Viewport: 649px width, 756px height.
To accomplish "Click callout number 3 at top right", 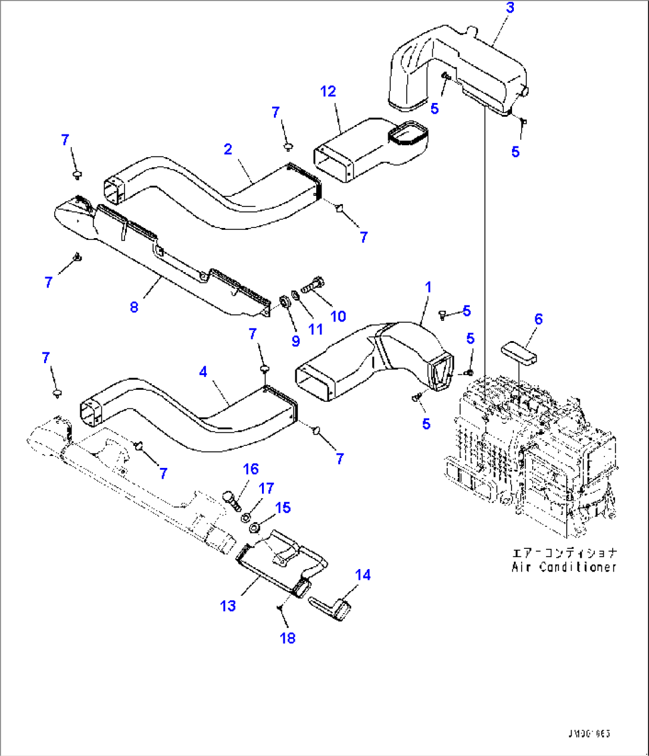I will click(x=510, y=8).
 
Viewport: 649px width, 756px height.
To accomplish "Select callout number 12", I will click(x=328, y=91).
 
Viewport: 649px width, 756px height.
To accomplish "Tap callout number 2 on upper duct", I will click(x=228, y=149).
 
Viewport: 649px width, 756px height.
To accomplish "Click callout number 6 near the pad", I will click(x=538, y=319).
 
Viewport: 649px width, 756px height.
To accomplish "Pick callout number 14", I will click(x=363, y=574).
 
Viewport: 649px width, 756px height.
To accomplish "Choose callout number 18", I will click(x=288, y=638).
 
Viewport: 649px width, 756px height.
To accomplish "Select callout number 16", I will click(x=251, y=469).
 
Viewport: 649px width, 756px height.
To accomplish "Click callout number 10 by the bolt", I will click(x=338, y=316).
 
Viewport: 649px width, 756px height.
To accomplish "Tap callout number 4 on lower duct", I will click(x=203, y=372).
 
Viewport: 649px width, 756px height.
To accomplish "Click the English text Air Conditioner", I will click(x=564, y=567).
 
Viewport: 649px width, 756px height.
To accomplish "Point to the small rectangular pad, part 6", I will click(x=519, y=351).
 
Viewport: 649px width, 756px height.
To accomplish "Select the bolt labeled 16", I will click(x=231, y=499).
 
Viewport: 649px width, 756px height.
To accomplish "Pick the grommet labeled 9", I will click(x=285, y=302).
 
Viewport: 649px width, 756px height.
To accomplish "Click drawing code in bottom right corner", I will click(x=589, y=734).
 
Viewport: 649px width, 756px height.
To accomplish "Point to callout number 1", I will click(x=428, y=288).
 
